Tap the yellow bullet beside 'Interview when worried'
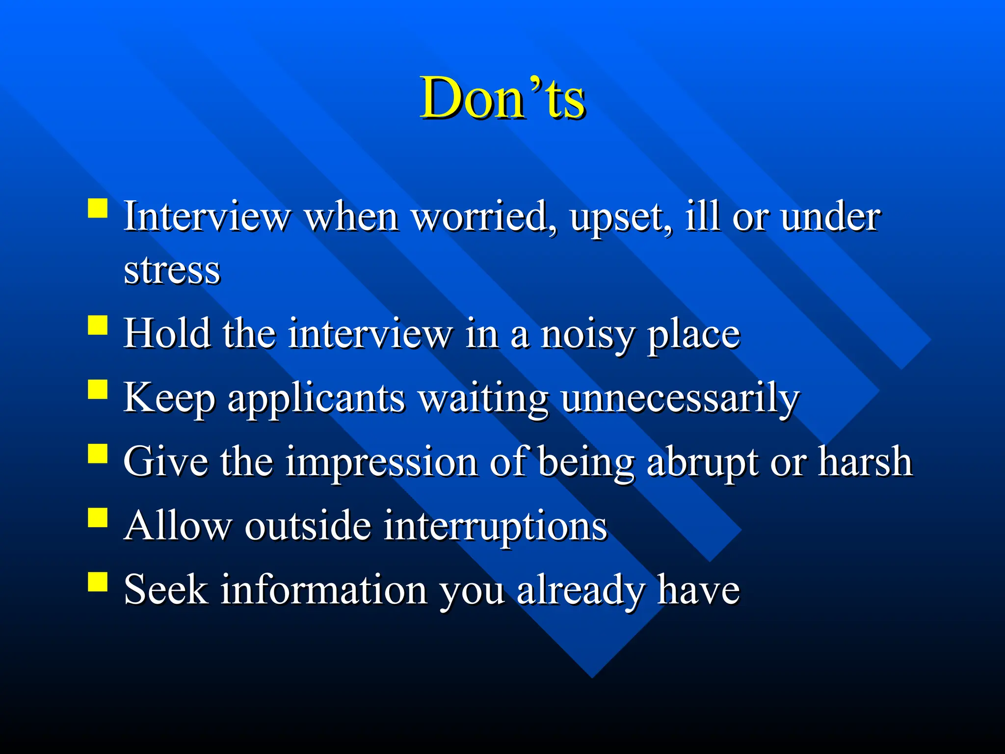(98, 208)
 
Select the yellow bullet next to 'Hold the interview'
(98, 325)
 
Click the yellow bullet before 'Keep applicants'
(98, 389)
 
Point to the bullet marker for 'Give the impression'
(98, 454)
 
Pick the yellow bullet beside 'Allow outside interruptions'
(98, 517)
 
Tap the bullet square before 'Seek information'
(98, 581)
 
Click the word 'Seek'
(166, 590)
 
